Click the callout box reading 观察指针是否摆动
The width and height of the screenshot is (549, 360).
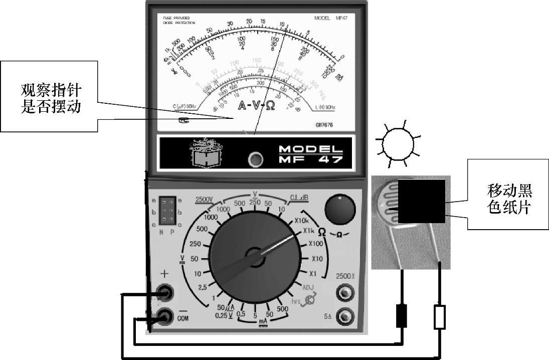(49, 96)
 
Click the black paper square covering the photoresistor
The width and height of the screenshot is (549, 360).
(422, 201)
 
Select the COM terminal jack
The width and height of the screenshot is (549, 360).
(165, 316)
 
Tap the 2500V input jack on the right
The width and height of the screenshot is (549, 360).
(344, 292)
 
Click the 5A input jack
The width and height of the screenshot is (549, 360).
(344, 316)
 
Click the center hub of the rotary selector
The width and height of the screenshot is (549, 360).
(255, 257)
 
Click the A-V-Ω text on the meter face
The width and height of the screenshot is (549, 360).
(256, 106)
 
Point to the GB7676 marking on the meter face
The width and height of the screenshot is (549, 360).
(324, 125)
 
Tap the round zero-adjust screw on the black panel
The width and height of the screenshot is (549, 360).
(256, 159)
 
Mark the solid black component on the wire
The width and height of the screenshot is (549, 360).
(401, 315)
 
